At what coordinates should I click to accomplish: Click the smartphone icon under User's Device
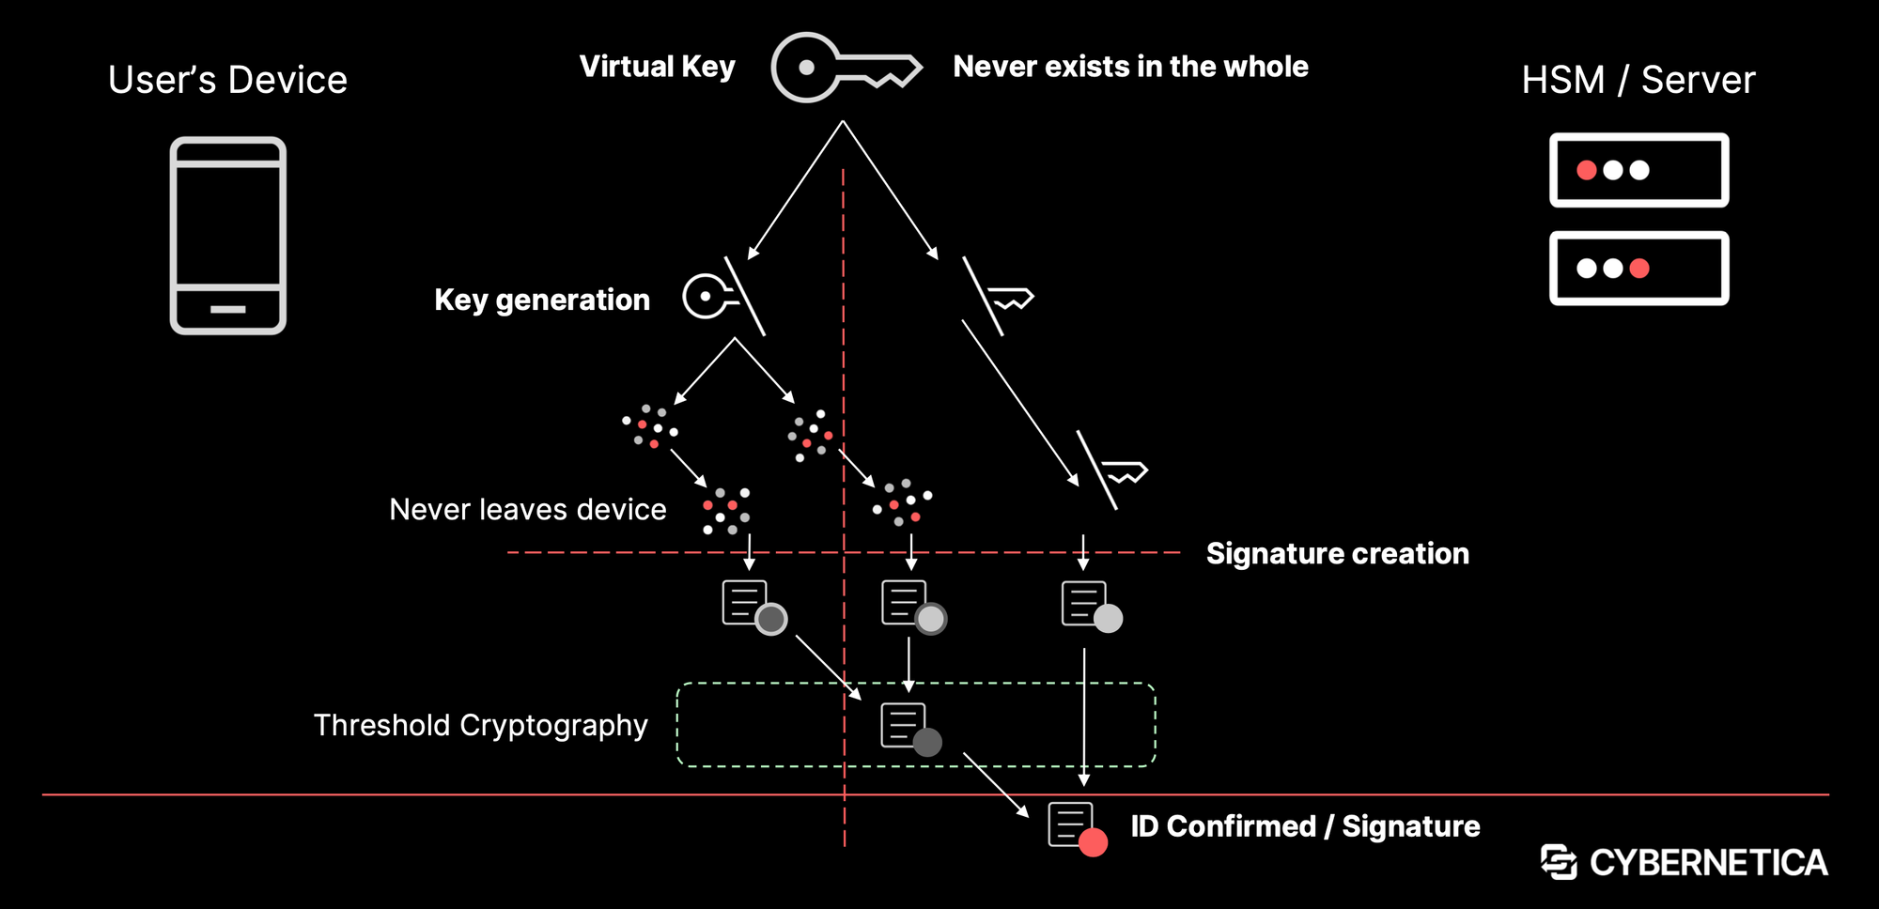tap(228, 236)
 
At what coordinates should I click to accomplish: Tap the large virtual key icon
tap(845, 68)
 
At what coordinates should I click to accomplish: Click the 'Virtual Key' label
tap(657, 67)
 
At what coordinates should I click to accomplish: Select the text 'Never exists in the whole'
tap(1130, 67)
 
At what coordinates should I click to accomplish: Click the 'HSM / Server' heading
tap(1638, 80)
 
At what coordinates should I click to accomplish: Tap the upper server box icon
tap(1638, 170)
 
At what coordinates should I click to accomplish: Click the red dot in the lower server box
tap(1639, 269)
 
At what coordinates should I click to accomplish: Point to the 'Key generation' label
tap(542, 300)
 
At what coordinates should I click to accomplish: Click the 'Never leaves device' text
tap(527, 509)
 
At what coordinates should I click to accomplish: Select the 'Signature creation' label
tap(1337, 553)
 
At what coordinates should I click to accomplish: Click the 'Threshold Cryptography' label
tap(480, 725)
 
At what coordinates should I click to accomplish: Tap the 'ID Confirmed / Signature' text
tap(1305, 826)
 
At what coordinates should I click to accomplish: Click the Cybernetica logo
tap(1684, 862)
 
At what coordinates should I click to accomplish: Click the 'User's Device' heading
tap(227, 80)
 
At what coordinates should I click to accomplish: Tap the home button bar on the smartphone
tap(228, 309)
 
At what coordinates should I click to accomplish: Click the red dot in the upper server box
tap(1587, 170)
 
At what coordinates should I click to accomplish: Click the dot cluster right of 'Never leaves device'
tap(726, 511)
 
